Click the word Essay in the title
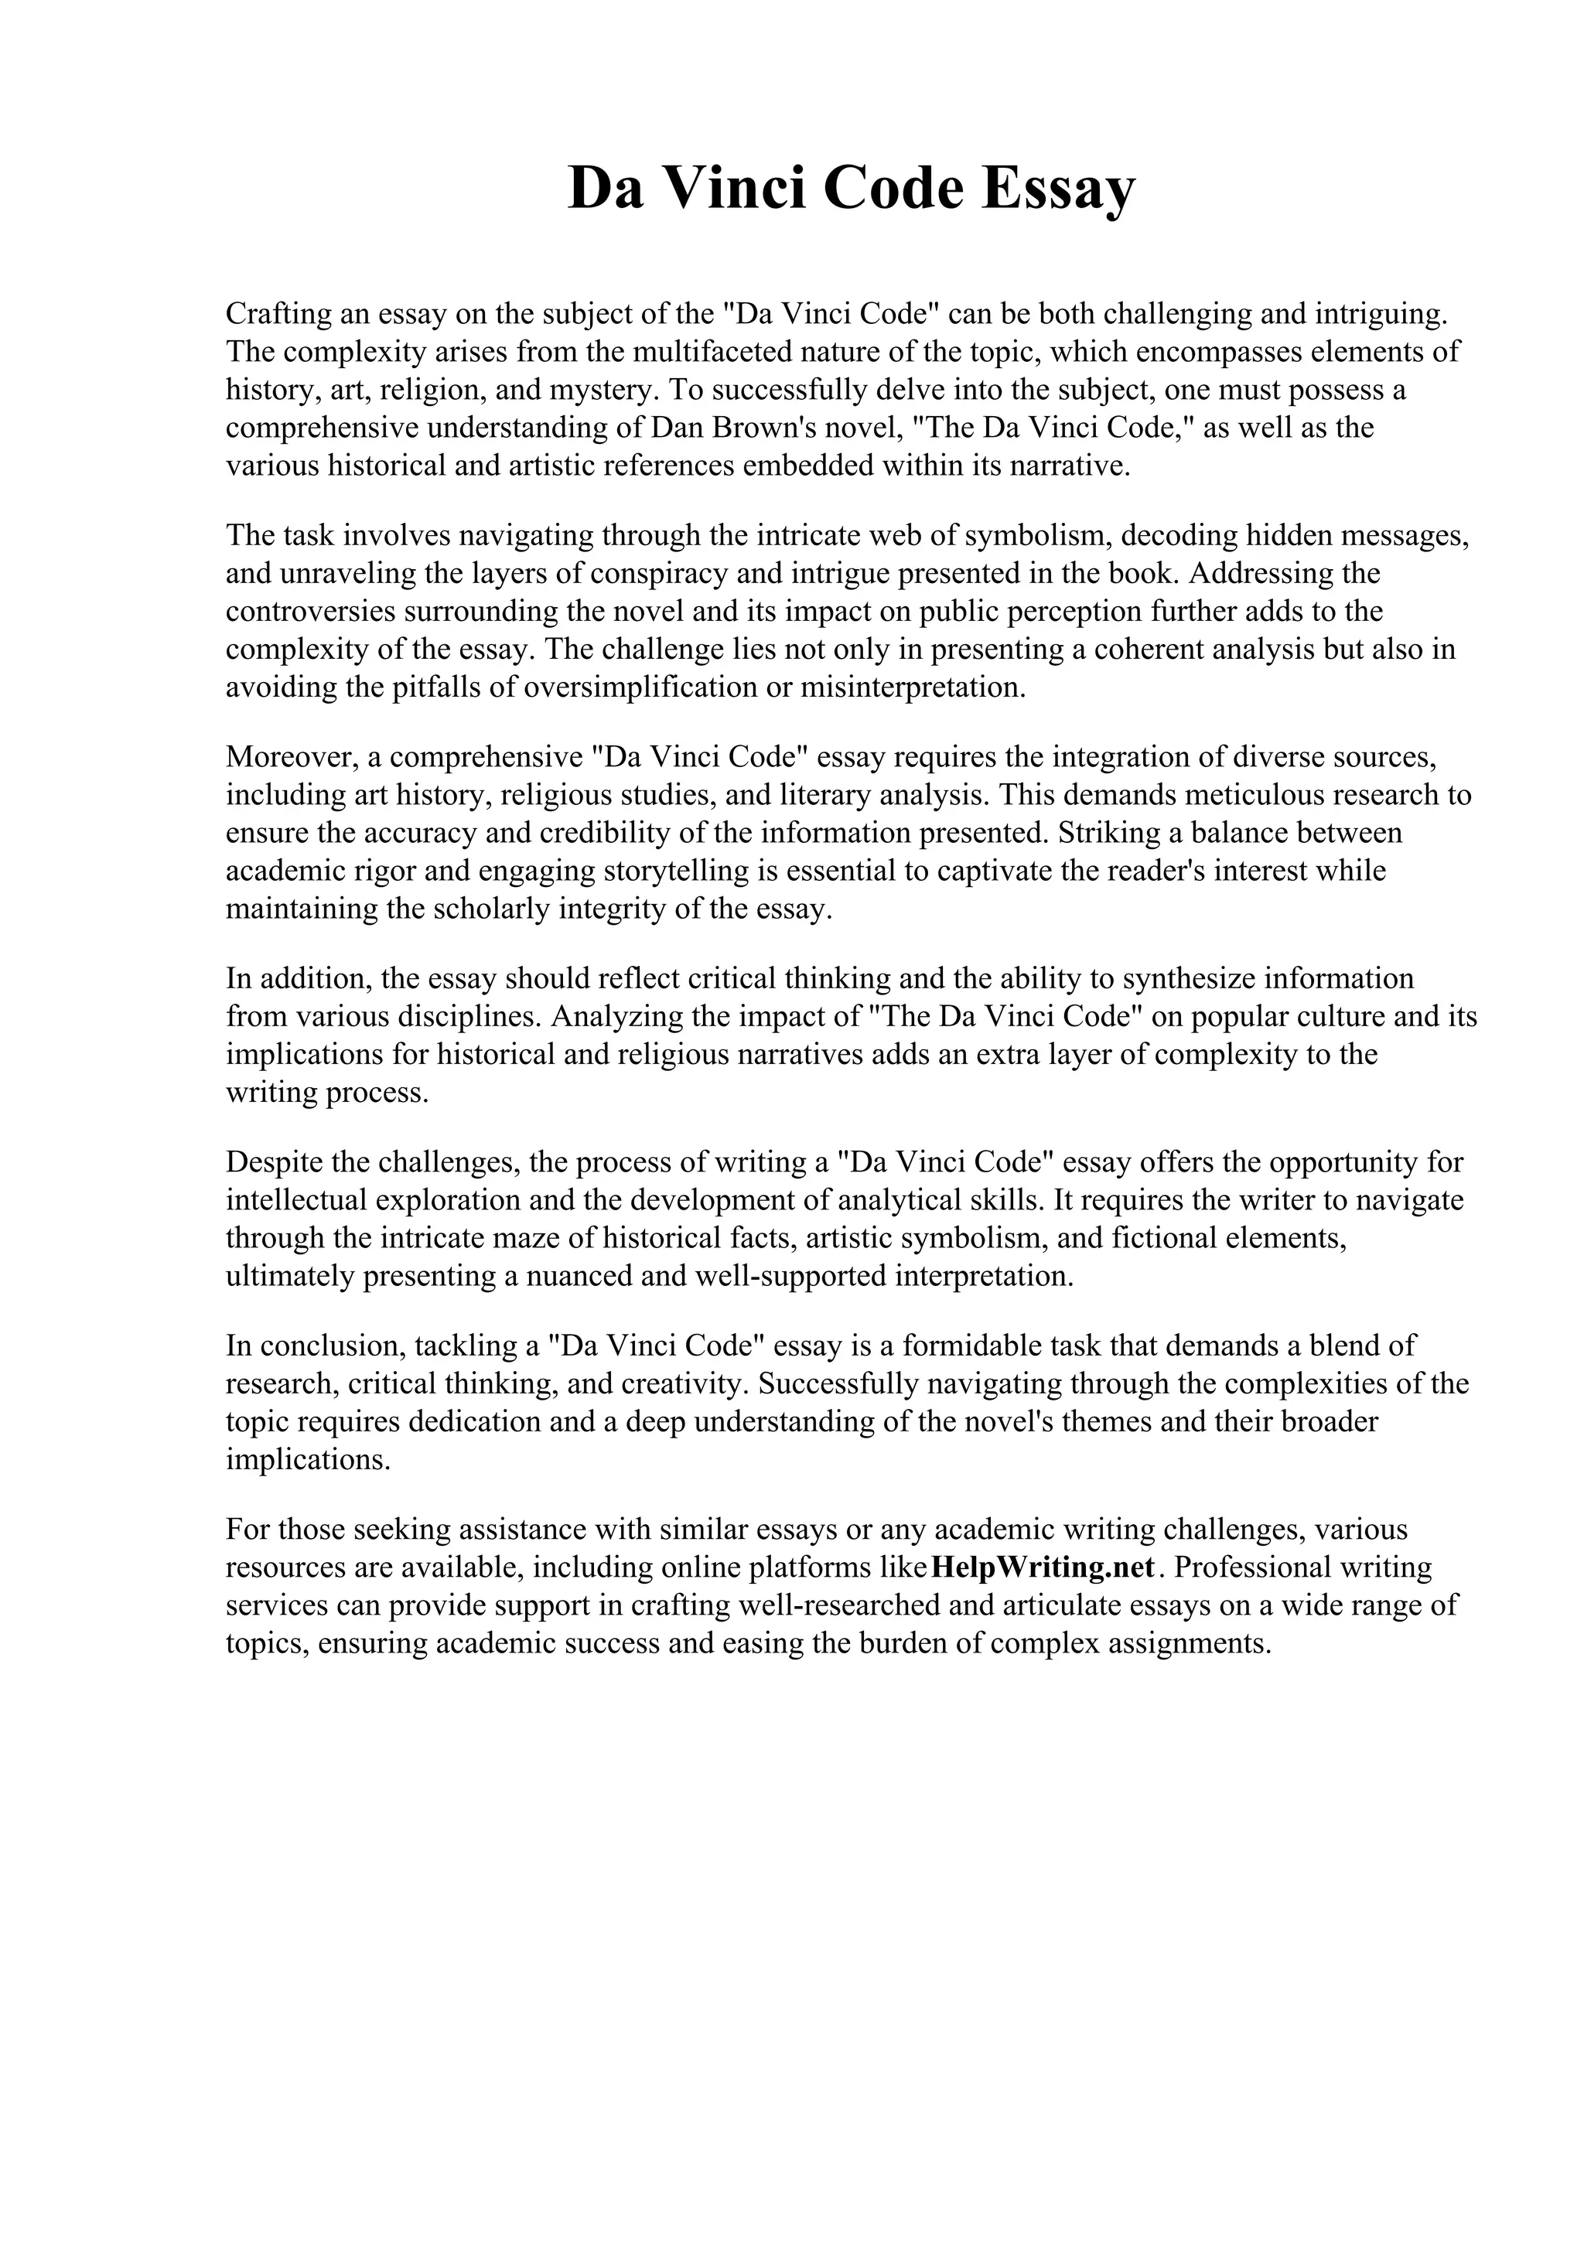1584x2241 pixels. tap(1058, 189)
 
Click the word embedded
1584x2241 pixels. tap(808, 466)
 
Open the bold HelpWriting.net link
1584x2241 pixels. tap(1043, 1567)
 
